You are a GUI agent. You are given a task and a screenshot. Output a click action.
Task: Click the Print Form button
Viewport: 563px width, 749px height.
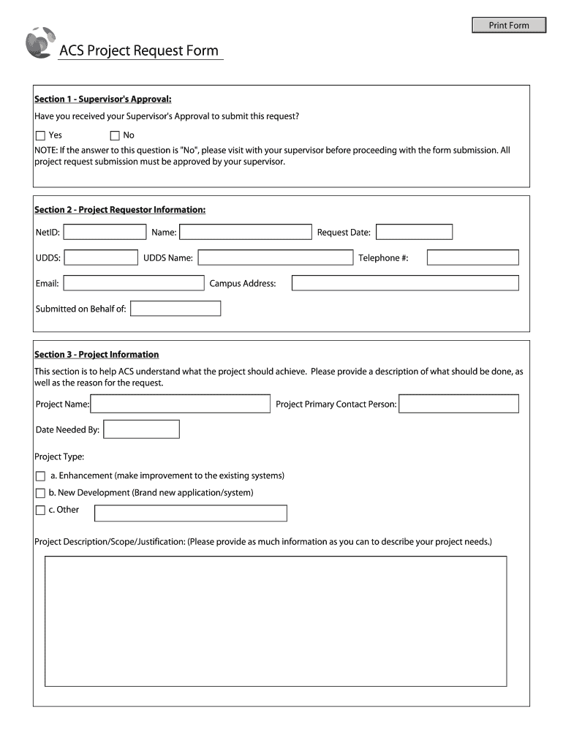509,26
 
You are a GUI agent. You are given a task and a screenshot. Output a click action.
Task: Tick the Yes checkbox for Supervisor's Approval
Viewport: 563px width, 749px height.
40,135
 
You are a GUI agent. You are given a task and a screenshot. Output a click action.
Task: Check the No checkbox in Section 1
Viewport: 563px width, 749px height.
114,135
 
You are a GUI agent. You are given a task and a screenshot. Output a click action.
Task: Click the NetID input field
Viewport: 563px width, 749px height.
105,232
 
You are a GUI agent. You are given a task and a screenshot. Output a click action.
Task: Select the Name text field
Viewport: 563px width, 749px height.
245,232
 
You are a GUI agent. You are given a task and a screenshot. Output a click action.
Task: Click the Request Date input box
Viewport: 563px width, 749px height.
414,232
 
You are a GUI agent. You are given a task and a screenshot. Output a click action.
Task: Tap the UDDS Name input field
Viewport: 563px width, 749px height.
275,257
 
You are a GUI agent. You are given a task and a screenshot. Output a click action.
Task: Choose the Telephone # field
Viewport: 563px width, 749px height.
472,257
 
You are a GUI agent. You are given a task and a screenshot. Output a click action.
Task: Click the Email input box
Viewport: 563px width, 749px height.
134,283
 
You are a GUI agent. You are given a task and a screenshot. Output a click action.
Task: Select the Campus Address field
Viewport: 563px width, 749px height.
405,283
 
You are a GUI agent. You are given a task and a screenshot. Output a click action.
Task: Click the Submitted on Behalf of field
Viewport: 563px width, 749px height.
175,309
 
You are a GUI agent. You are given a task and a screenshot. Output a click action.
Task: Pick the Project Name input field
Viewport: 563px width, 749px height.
180,404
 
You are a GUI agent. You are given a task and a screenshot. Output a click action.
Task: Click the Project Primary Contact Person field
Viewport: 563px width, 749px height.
458,404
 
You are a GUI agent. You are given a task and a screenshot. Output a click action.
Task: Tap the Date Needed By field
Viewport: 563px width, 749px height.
141,429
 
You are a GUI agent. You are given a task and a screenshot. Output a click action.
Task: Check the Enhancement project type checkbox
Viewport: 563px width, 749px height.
40,476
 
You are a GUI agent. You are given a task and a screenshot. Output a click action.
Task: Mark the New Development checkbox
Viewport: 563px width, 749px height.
40,494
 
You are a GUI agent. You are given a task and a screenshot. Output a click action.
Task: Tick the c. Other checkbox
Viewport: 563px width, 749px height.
40,511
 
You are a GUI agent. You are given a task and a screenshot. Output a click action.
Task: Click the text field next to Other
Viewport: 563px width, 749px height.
191,513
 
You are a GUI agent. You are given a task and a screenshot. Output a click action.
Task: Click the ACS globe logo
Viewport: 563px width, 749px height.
39,42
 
